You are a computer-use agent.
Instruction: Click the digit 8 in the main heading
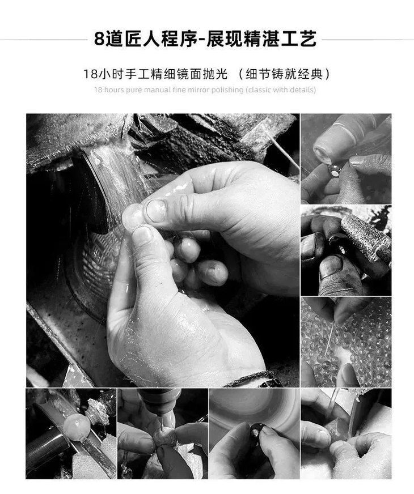(100, 39)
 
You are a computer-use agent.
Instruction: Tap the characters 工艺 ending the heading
(300, 39)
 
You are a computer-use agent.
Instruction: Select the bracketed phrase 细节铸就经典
(285, 74)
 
